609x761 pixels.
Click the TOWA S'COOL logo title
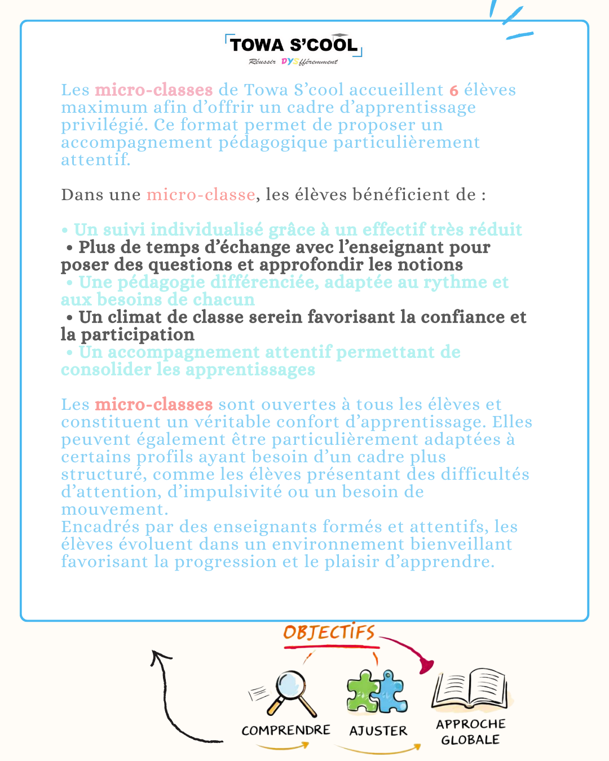pos(293,45)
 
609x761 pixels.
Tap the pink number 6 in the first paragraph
pos(454,90)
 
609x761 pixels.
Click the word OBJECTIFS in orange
pos(329,632)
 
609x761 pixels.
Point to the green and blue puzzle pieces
pos(377,692)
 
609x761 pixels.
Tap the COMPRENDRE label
pos(286,731)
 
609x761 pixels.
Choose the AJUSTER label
pos(378,731)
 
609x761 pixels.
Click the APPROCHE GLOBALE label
pos(471,732)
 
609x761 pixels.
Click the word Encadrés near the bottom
pos(101,527)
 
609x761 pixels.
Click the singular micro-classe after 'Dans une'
pos(201,195)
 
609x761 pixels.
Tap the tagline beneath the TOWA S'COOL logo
pos(293,61)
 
